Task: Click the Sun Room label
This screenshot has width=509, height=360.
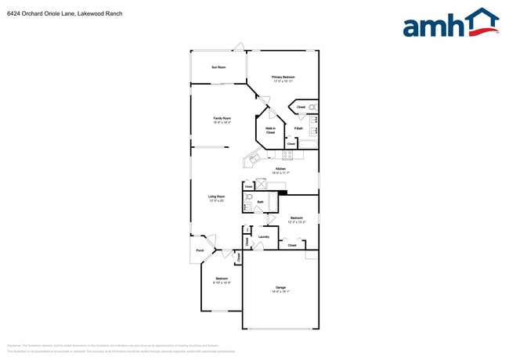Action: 218,67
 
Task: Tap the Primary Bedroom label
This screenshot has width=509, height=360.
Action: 283,78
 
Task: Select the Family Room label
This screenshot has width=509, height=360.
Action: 222,120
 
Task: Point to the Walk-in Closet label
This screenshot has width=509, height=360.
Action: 270,131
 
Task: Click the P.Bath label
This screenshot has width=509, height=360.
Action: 298,128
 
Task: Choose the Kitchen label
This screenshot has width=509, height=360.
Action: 280,171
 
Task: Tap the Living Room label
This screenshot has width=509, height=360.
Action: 217,198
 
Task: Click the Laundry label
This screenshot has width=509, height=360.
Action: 264,237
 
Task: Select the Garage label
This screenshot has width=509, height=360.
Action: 280,289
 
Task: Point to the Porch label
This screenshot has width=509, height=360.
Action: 200,251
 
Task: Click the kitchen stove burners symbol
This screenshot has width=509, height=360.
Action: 287,155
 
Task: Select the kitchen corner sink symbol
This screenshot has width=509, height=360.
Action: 254,160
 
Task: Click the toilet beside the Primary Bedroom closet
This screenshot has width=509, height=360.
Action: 312,106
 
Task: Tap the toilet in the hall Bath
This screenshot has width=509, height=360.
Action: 249,198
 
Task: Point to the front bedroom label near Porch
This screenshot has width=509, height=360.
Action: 222,280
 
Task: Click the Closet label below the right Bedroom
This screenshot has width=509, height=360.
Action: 291,246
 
